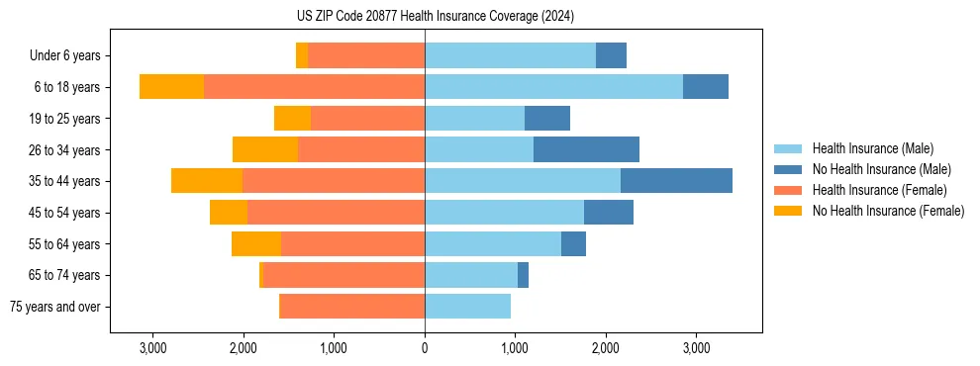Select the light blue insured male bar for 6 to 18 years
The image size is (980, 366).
point(553,87)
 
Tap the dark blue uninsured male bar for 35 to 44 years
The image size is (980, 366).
point(676,181)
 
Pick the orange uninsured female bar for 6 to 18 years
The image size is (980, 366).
point(171,87)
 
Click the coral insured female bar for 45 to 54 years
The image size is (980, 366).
point(336,213)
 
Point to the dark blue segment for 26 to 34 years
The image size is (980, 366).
point(586,149)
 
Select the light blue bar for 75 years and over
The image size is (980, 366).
point(467,307)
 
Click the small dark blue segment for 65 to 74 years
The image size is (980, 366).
point(523,275)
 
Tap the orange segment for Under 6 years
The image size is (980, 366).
point(302,55)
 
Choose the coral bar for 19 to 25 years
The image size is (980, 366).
point(367,119)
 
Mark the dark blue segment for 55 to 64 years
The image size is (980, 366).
point(573,243)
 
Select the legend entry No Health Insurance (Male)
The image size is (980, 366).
point(881,169)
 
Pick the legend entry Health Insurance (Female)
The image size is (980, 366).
point(879,190)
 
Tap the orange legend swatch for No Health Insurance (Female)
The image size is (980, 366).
point(789,211)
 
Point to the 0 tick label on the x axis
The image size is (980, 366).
point(425,348)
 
